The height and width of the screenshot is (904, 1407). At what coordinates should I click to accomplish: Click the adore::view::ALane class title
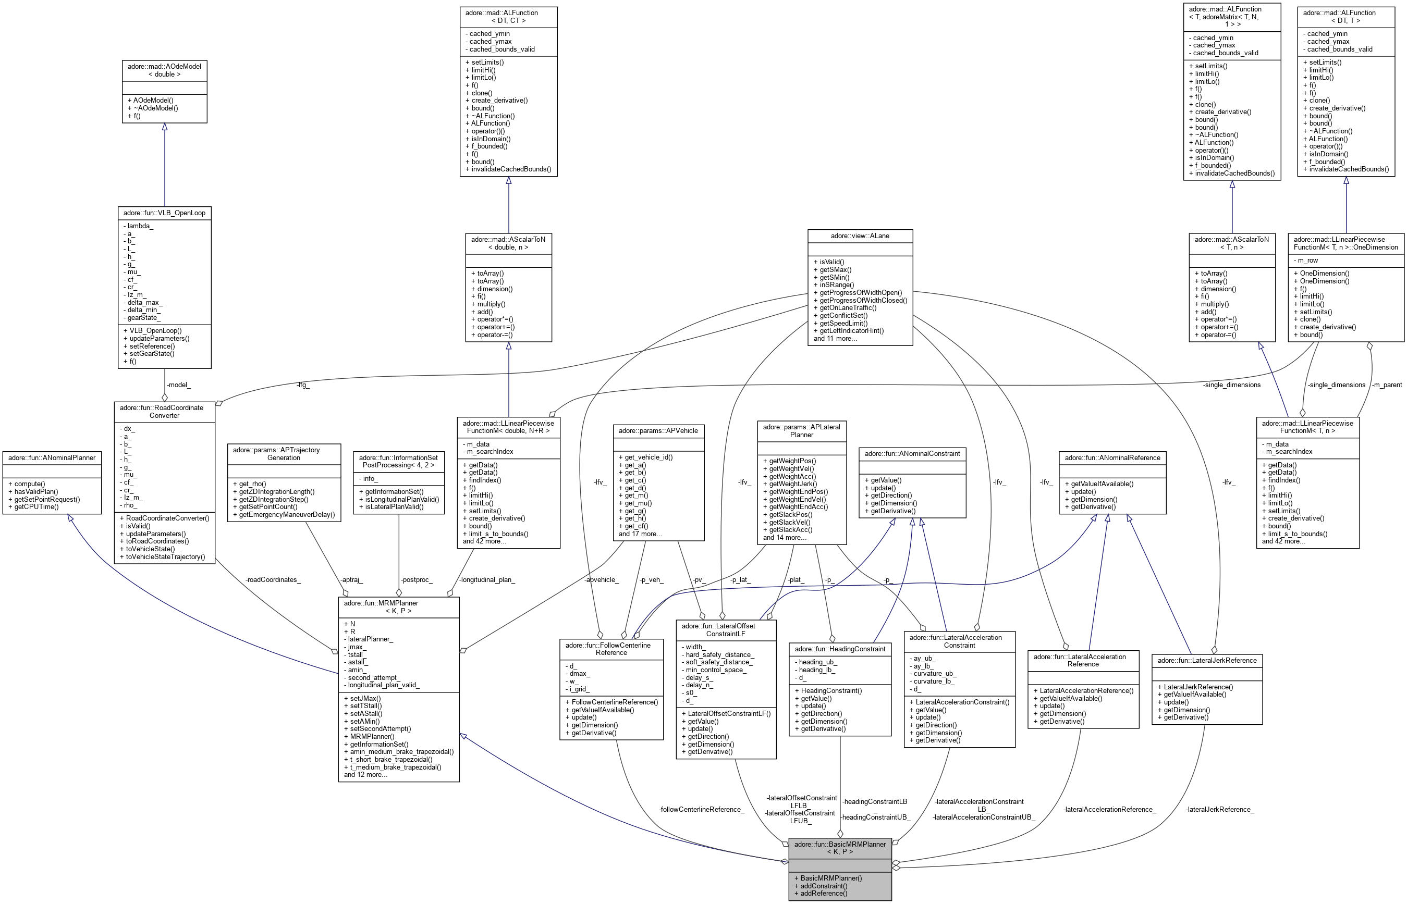coord(860,236)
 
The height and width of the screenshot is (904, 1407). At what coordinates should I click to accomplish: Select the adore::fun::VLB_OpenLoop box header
coord(164,213)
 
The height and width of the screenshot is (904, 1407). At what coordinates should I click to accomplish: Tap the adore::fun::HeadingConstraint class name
coord(840,649)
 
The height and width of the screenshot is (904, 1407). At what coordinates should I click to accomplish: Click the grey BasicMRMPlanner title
coord(840,848)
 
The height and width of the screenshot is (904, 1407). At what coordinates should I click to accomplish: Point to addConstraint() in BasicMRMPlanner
coord(823,886)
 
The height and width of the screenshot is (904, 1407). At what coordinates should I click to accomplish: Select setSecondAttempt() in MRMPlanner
coord(380,728)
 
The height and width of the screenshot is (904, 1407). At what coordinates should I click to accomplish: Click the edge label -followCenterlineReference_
coord(701,810)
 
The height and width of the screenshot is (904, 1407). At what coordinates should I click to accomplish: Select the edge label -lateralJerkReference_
coord(1220,810)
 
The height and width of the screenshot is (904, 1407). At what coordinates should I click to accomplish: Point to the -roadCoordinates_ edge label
coord(273,579)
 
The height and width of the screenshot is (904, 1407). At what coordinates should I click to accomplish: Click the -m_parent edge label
coord(1387,385)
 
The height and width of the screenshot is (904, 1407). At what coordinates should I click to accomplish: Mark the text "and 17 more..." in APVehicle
coord(640,534)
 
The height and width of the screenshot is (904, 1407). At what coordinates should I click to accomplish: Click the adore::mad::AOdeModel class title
coord(164,70)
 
